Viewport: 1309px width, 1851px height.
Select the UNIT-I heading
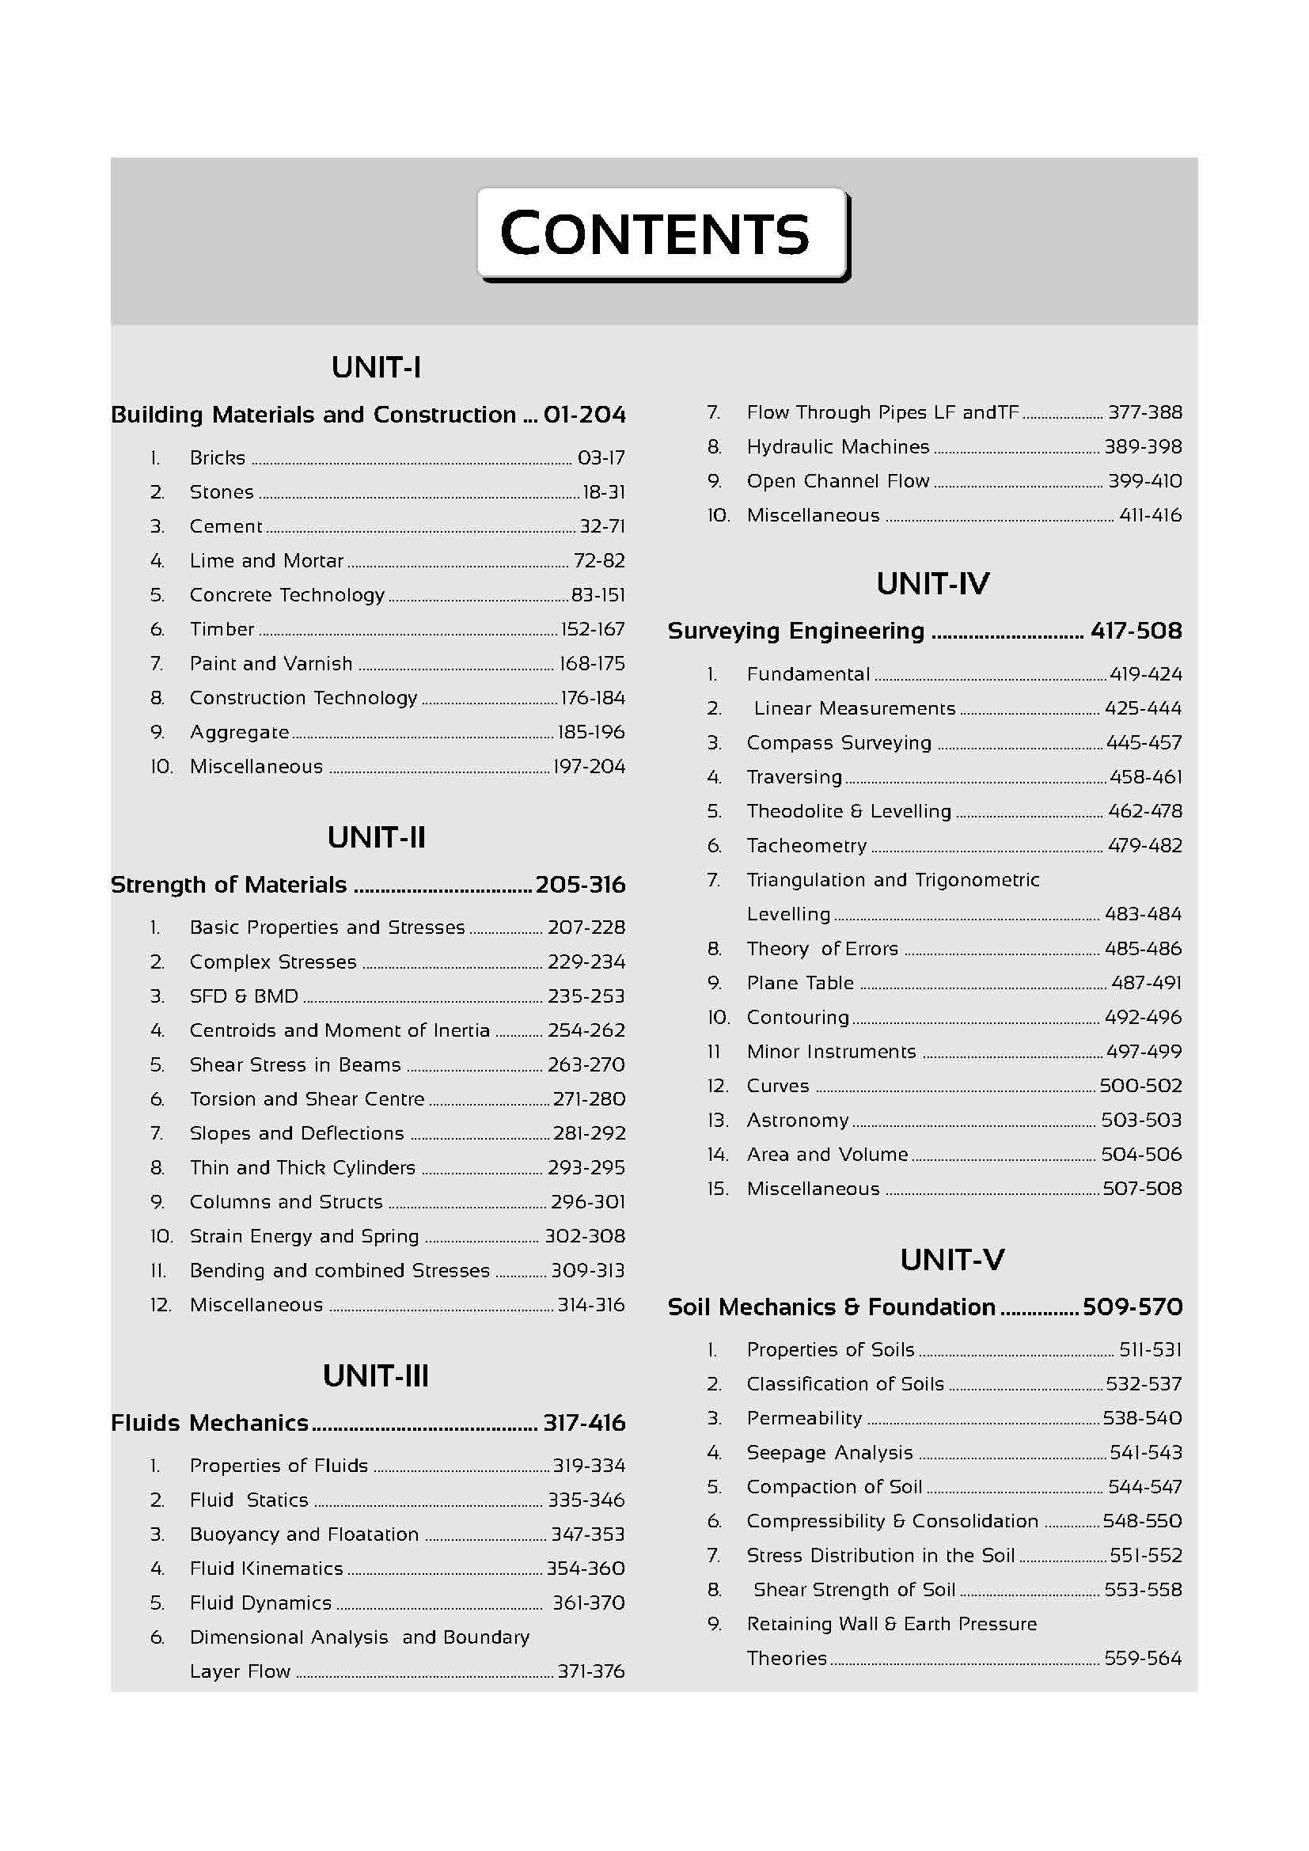point(376,368)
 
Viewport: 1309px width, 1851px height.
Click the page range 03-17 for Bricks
point(601,458)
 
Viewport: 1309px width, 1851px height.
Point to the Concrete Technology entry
point(287,595)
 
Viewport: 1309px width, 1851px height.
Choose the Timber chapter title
point(222,629)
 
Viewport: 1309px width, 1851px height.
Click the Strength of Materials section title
point(228,886)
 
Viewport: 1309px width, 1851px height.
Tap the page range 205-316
point(579,886)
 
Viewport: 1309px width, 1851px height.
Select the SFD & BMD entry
point(244,996)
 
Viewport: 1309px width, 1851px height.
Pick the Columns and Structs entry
point(286,1202)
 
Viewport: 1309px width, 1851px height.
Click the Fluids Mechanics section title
point(210,1423)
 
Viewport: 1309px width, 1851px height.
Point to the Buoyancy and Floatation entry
point(304,1534)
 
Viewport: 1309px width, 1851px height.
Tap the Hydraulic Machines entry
point(837,446)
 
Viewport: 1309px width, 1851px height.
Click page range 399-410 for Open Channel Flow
point(1144,481)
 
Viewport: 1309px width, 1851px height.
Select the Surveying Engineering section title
point(795,631)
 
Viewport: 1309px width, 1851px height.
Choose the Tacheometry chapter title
point(806,846)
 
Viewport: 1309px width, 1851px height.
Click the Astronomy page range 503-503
point(1141,1120)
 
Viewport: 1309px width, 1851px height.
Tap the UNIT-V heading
point(952,1259)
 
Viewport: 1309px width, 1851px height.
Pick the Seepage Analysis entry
point(829,1453)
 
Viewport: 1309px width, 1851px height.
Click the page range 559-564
point(1142,1659)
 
